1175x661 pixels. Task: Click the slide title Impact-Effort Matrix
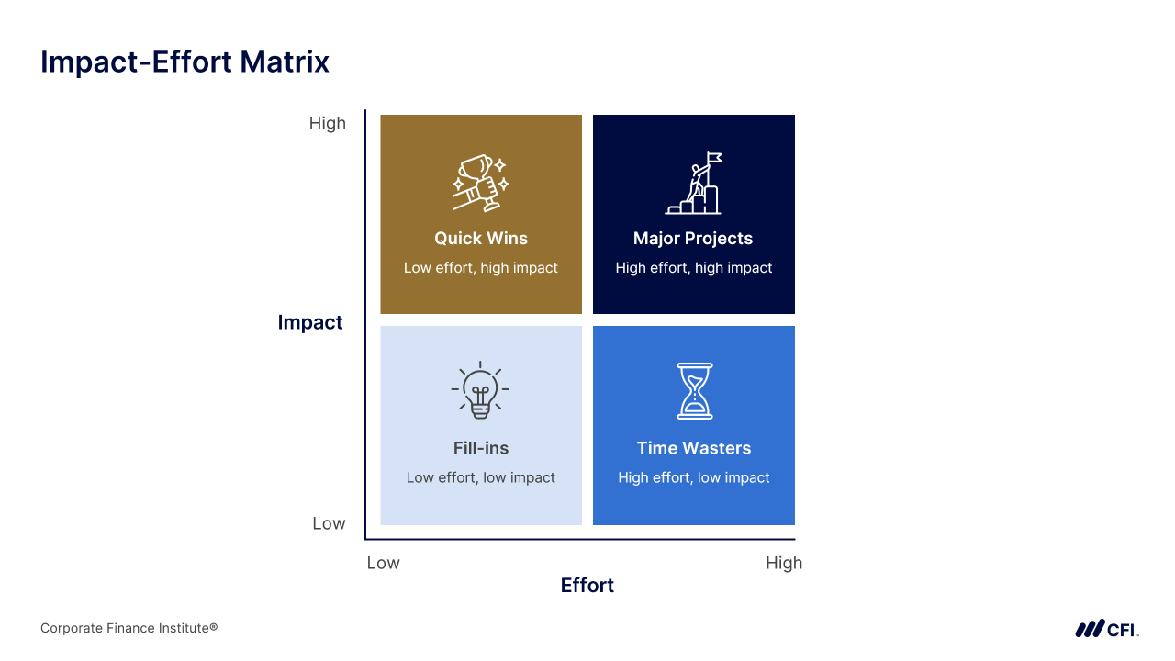(185, 62)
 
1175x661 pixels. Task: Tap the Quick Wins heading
(481, 238)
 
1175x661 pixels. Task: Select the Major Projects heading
(693, 239)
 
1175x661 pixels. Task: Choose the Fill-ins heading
(481, 448)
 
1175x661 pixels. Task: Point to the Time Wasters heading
(694, 448)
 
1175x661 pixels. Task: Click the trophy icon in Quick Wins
(481, 183)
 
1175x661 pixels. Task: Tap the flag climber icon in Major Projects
(693, 183)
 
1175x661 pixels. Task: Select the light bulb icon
(480, 390)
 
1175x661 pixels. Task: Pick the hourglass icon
(695, 391)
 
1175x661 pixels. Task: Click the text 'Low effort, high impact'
(480, 268)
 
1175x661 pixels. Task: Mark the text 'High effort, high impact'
(693, 268)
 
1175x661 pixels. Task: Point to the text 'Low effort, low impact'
(480, 477)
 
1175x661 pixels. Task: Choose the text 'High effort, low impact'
(693, 477)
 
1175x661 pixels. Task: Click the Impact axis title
(310, 322)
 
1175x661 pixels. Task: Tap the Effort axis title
(587, 586)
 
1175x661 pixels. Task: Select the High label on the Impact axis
(328, 123)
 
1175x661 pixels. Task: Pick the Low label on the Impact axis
(329, 523)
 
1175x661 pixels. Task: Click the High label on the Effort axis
(784, 563)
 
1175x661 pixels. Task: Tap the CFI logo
(1107, 629)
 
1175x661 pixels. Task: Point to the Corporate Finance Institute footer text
(129, 628)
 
